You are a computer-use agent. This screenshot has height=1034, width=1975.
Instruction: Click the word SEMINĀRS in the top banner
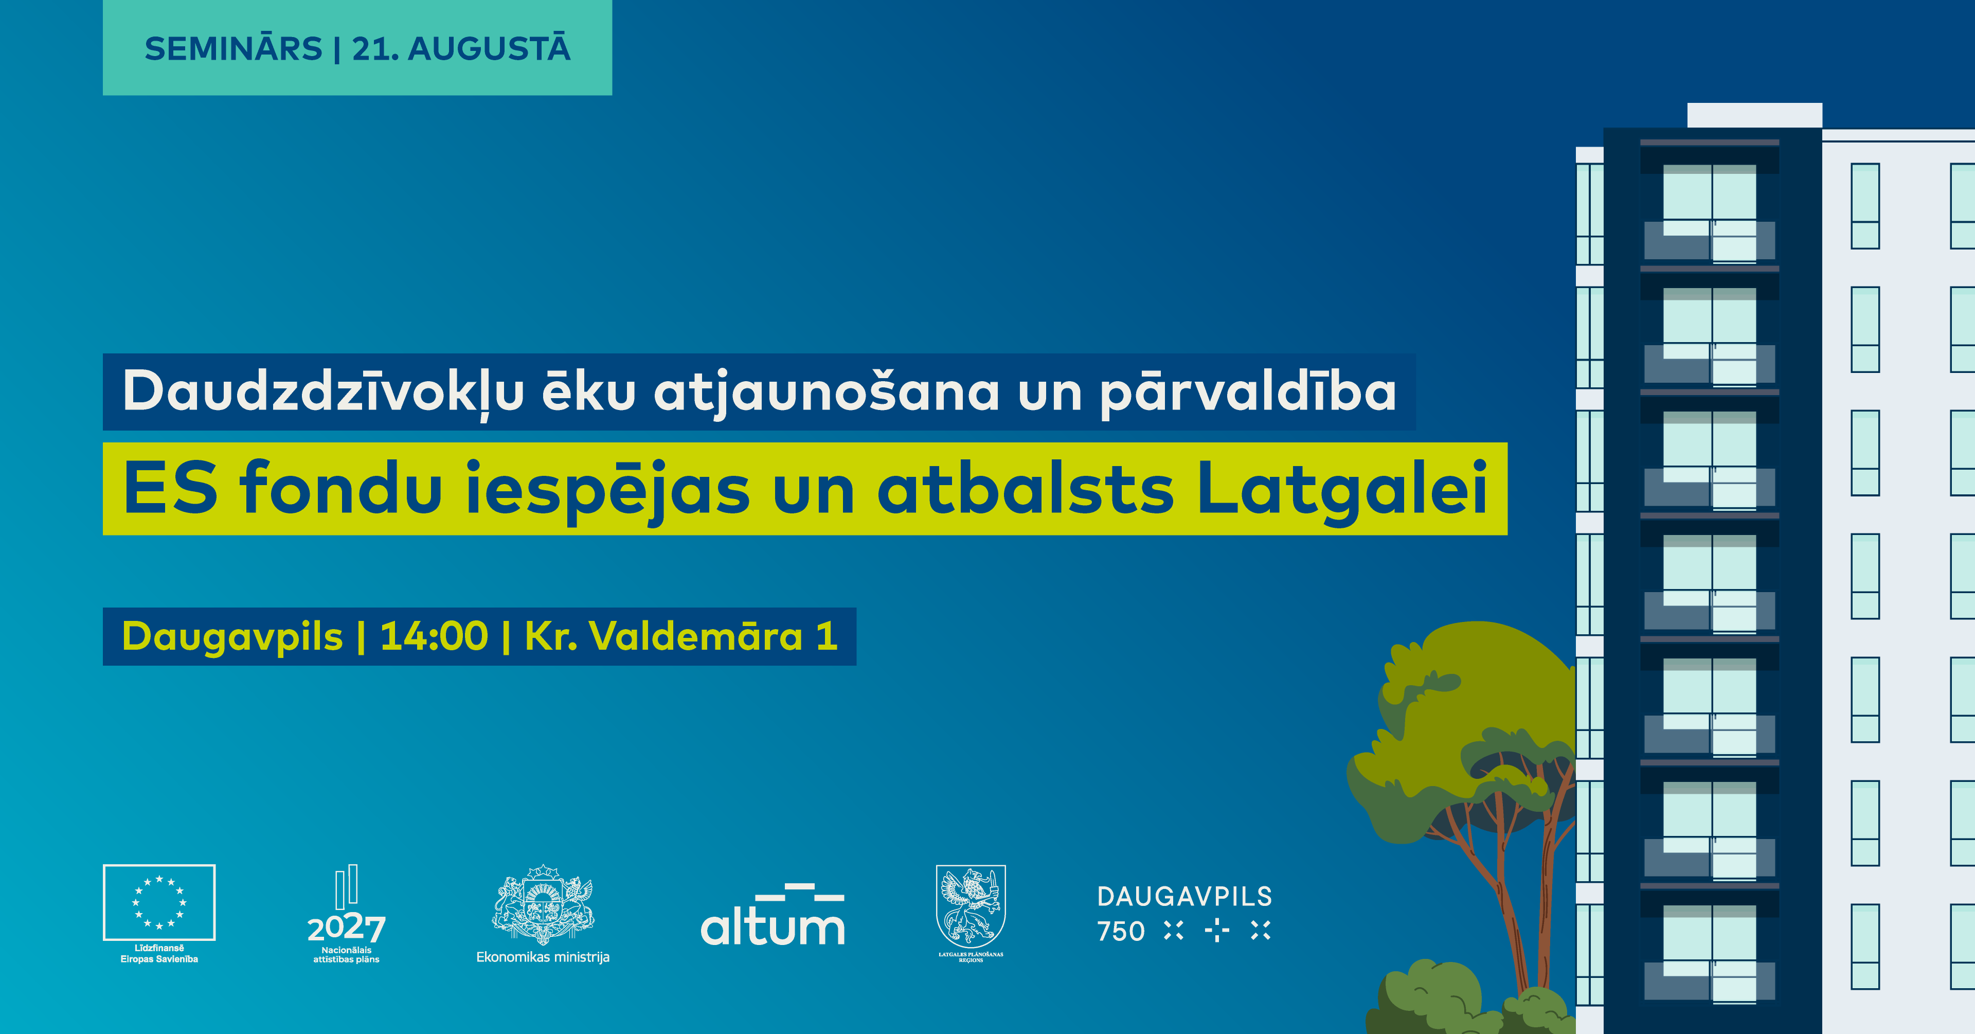click(x=233, y=48)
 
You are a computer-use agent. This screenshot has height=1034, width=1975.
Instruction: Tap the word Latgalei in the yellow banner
click(x=1342, y=489)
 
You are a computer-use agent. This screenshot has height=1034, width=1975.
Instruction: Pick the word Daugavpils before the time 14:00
click(x=232, y=637)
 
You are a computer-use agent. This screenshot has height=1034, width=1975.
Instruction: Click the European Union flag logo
click(x=159, y=902)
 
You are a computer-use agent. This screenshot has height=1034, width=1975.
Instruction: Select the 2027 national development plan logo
click(x=347, y=914)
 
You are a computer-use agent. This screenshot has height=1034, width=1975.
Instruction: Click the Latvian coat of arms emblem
click(x=543, y=904)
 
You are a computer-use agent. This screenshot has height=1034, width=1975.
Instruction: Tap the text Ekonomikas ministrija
click(x=543, y=957)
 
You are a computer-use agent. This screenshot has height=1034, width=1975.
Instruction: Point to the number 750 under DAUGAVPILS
click(x=1121, y=931)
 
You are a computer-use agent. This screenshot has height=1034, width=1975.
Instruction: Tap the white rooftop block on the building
click(x=1754, y=115)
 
